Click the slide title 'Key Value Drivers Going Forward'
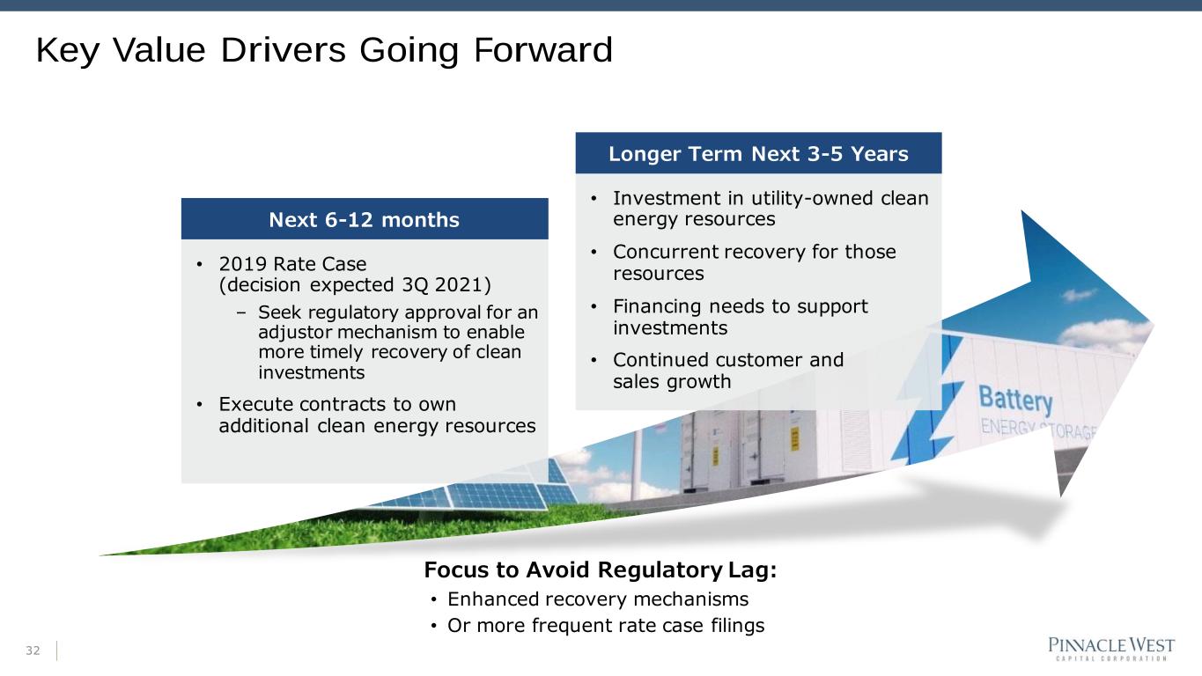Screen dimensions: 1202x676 tap(324, 50)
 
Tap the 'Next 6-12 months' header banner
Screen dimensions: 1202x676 tap(365, 219)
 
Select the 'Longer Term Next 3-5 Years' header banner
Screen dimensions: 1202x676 tap(758, 153)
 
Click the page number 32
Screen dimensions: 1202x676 tap(33, 650)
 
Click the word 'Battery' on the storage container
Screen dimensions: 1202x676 tap(1015, 400)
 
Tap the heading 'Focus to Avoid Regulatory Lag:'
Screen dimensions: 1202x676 tap(601, 569)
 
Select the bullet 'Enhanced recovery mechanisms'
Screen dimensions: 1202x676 tap(598, 599)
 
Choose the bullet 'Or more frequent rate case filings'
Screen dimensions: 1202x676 tap(606, 626)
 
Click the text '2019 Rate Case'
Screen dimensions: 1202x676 tap(292, 264)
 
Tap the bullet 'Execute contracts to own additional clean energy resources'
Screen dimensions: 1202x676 tap(377, 415)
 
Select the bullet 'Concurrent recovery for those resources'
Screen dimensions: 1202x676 tap(755, 262)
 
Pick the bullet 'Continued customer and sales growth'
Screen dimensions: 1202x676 tap(728, 371)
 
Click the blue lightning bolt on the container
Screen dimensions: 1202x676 tap(928, 397)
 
